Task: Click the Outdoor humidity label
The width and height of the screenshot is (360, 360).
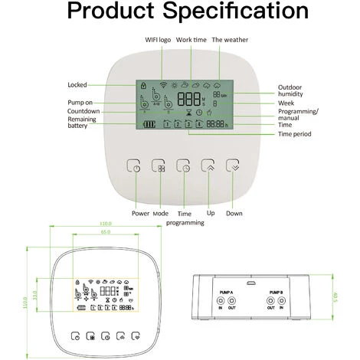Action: pos(292,91)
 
